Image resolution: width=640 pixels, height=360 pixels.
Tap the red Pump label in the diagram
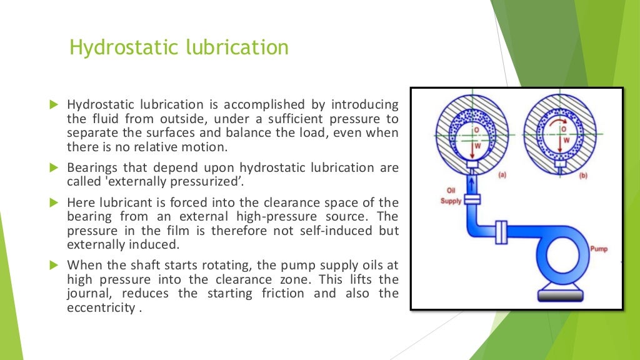click(598, 249)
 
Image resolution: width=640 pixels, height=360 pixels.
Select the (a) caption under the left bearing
click(502, 176)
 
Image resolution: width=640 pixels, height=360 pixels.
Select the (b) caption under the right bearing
click(583, 176)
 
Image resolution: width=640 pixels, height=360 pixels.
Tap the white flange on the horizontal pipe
click(499, 231)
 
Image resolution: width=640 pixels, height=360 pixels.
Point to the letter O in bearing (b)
click(563, 129)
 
